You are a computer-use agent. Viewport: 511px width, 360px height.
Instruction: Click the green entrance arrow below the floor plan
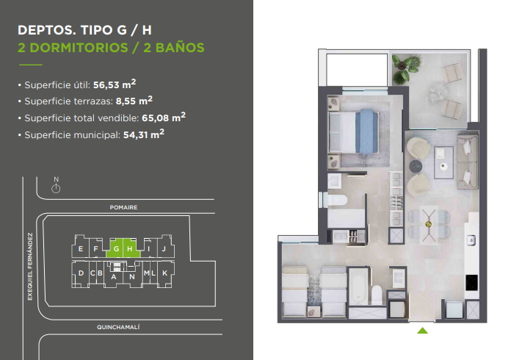(x=422, y=331)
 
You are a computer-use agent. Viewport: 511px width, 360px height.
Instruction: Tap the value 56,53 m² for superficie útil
(x=115, y=84)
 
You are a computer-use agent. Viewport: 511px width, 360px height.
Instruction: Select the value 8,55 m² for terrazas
(x=134, y=101)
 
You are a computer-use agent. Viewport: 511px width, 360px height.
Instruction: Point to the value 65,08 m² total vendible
(x=164, y=117)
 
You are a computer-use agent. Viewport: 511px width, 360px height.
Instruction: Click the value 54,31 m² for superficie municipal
(x=144, y=134)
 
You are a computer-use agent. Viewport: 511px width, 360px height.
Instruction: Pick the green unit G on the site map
(x=115, y=248)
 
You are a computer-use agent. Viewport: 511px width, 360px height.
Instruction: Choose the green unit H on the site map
(x=131, y=248)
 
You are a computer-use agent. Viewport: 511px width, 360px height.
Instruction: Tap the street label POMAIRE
(x=123, y=207)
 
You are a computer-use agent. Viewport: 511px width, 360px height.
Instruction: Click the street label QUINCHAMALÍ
(x=118, y=327)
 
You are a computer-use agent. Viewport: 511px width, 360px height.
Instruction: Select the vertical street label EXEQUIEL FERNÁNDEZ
(x=30, y=267)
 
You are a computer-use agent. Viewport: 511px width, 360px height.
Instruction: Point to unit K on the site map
(x=165, y=273)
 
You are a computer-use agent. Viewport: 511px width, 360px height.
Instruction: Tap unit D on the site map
(x=81, y=273)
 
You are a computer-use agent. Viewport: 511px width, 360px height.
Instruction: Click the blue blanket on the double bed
(x=366, y=132)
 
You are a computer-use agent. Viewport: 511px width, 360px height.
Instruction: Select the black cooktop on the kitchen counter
(x=471, y=282)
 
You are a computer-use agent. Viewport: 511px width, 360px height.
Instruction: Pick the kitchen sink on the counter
(x=471, y=240)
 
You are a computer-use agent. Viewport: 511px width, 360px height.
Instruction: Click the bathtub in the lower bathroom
(x=358, y=287)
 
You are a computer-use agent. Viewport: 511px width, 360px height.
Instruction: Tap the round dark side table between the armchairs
(x=416, y=166)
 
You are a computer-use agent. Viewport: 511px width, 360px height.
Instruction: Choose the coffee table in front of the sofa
(x=443, y=162)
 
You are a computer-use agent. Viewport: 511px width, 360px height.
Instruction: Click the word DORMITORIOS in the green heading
(x=79, y=48)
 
